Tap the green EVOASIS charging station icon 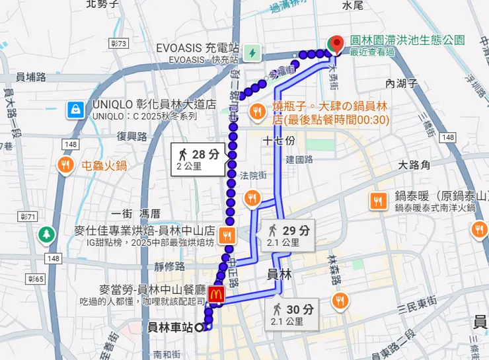click(x=251, y=52)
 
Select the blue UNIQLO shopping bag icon click(x=77, y=108)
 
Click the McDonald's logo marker click(x=215, y=294)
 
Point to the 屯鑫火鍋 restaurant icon click(x=65, y=165)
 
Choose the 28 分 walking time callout click(x=200, y=159)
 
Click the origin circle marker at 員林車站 click(x=198, y=327)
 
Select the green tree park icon click(x=46, y=234)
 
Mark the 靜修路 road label click(x=169, y=267)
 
